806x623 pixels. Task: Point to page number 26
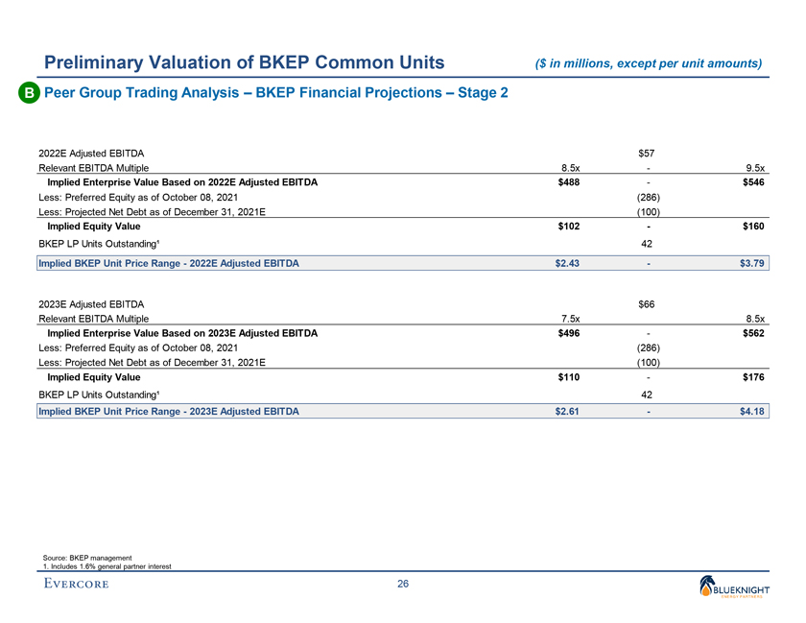point(403,587)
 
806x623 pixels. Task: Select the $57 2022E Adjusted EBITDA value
point(648,152)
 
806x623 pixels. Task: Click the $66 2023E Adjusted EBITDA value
point(648,304)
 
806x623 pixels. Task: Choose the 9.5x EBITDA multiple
point(753,167)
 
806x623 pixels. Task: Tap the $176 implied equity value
point(752,378)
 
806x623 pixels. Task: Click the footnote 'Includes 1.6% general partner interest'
point(107,566)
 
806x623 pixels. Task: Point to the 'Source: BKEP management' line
point(87,558)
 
